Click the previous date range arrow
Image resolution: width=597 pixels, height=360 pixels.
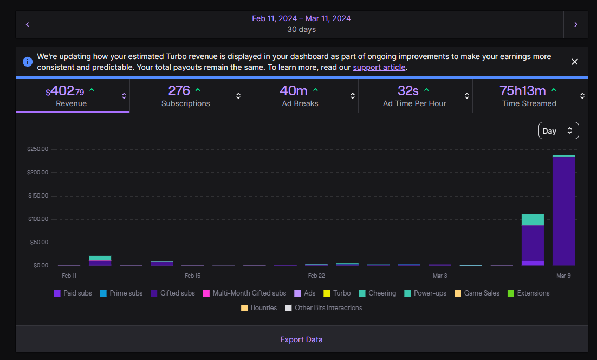pyautogui.click(x=28, y=24)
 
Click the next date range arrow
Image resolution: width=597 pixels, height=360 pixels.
pyautogui.click(x=576, y=24)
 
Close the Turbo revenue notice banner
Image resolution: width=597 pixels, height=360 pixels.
pyautogui.click(x=575, y=62)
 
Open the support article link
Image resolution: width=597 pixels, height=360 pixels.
pyautogui.click(x=379, y=67)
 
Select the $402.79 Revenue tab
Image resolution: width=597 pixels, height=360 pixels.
pyautogui.click(x=73, y=95)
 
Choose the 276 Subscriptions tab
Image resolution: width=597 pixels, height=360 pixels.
pyautogui.click(x=186, y=95)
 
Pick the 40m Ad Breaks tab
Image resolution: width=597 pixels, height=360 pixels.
pyautogui.click(x=301, y=95)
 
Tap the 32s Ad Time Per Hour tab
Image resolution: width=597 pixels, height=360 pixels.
pyautogui.click(x=415, y=95)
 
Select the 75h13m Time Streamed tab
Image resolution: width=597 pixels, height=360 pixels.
pyautogui.click(x=530, y=95)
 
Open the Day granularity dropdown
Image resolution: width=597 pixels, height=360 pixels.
pyautogui.click(x=558, y=130)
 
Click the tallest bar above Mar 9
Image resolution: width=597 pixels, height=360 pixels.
pyautogui.click(x=563, y=211)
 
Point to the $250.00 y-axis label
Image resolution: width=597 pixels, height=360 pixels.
pyautogui.click(x=38, y=149)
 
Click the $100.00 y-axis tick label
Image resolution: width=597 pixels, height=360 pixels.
pyautogui.click(x=38, y=219)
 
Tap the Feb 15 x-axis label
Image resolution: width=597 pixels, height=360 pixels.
pyautogui.click(x=192, y=276)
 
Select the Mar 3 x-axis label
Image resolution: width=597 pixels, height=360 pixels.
pyautogui.click(x=440, y=276)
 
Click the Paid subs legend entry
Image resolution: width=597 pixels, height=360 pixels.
pyautogui.click(x=73, y=293)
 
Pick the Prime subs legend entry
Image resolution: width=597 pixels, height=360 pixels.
pyautogui.click(x=121, y=293)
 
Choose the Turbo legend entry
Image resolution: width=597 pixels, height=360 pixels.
pyautogui.click(x=337, y=293)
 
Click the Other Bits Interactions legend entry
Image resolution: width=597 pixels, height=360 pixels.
pyautogui.click(x=323, y=308)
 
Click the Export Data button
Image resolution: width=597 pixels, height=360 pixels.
pyautogui.click(x=301, y=339)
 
